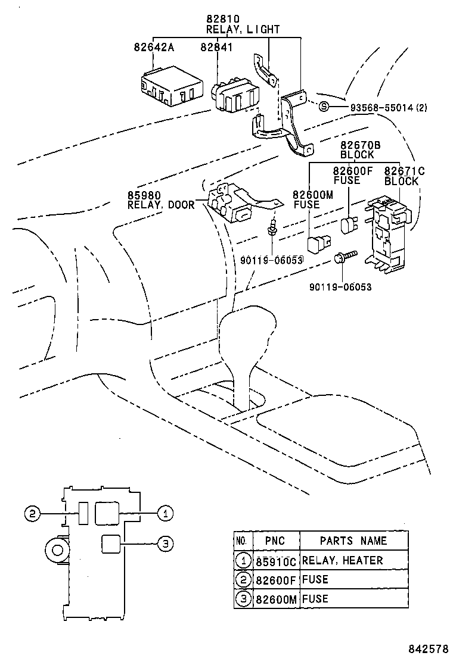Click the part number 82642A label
pyautogui.click(x=154, y=47)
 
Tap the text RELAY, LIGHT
pyautogui.click(x=243, y=29)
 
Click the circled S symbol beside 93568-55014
pyautogui.click(x=324, y=107)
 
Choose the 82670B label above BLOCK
pyautogui.click(x=361, y=145)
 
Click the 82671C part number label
pyautogui.click(x=404, y=171)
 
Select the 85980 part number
pyautogui.click(x=141, y=195)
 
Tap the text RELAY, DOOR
pyautogui.click(x=161, y=205)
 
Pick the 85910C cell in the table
pyautogui.click(x=275, y=561)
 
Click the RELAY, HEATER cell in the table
pyautogui.click(x=342, y=560)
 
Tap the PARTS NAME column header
pyautogui.click(x=353, y=541)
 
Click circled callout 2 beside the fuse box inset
pyautogui.click(x=33, y=513)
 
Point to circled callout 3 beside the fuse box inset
pyautogui.click(x=166, y=542)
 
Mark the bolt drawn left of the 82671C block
pyautogui.click(x=345, y=258)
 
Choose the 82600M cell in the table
pyautogui.click(x=275, y=599)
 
